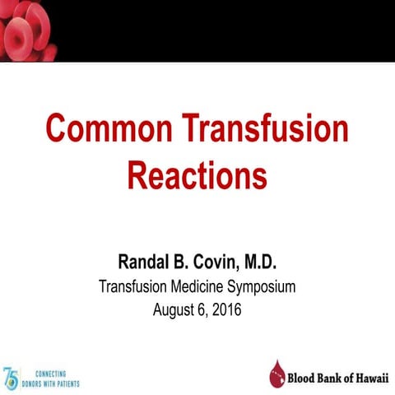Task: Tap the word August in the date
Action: pyautogui.click(x=175, y=310)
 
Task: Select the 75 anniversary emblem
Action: pyautogui.click(x=11, y=378)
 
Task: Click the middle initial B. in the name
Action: pyautogui.click(x=179, y=263)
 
